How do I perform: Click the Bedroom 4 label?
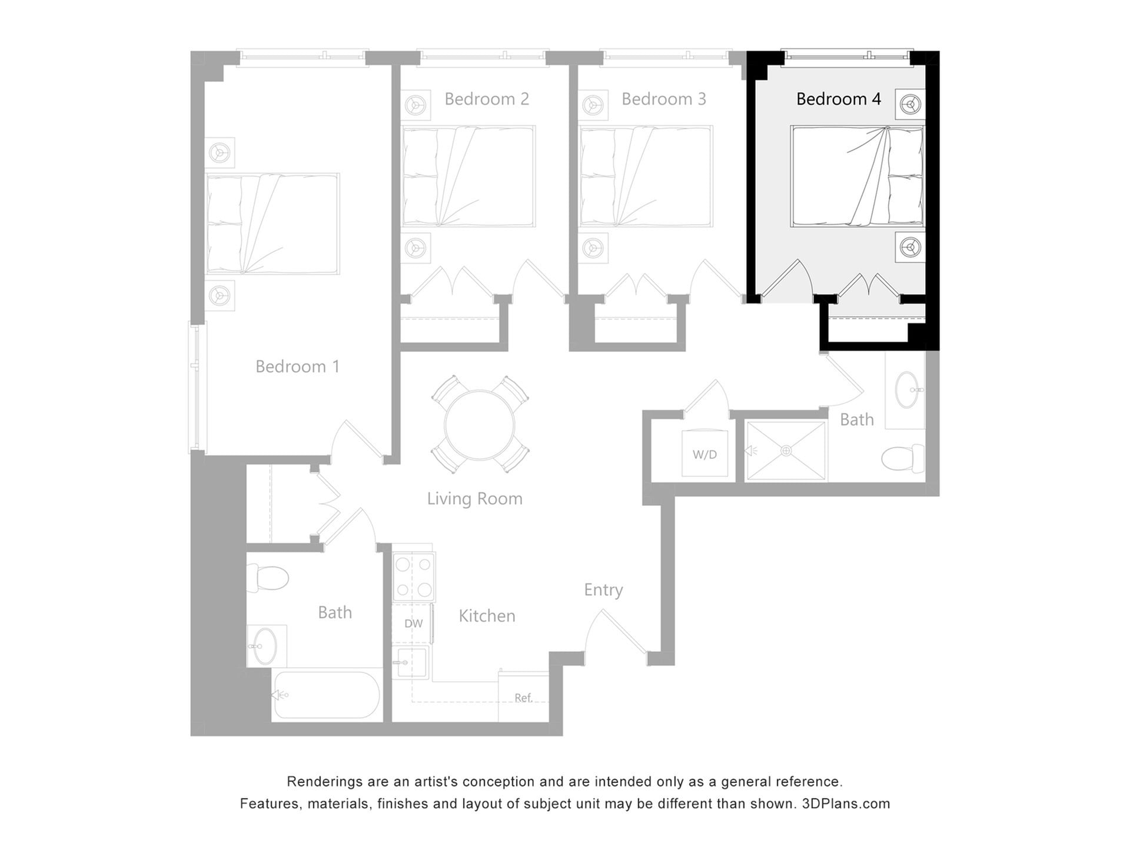pyautogui.click(x=838, y=99)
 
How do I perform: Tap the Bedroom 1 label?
pyautogui.click(x=297, y=366)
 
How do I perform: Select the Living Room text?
pyautogui.click(x=474, y=499)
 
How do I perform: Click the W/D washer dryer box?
pyautogui.click(x=704, y=453)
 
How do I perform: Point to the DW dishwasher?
pyautogui.click(x=413, y=623)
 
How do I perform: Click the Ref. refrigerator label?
pyautogui.click(x=523, y=698)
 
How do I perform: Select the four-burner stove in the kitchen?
pyautogui.click(x=414, y=576)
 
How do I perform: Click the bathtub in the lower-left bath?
pyautogui.click(x=327, y=695)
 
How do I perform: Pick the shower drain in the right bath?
pyautogui.click(x=786, y=451)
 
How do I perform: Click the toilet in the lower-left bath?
pyautogui.click(x=268, y=577)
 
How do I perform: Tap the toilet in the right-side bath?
pyautogui.click(x=903, y=458)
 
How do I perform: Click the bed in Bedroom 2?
pyautogui.click(x=468, y=176)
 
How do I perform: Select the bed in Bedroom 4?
pyautogui.click(x=857, y=176)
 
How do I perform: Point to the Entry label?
pyautogui.click(x=603, y=590)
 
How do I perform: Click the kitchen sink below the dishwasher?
pyautogui.click(x=410, y=663)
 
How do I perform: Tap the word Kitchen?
pyautogui.click(x=487, y=616)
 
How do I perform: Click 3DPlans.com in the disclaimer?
pyautogui.click(x=846, y=803)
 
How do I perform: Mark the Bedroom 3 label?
pyautogui.click(x=663, y=99)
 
